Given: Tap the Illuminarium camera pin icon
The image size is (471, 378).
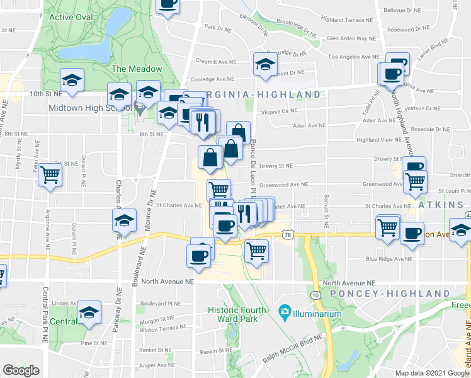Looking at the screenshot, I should [x=285, y=312].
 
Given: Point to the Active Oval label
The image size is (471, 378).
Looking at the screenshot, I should [x=70, y=17].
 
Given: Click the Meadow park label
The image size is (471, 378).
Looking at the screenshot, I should [x=136, y=69].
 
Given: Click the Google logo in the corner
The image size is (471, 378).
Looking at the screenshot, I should [x=21, y=370].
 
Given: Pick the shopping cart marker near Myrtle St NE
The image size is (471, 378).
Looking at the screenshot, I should [x=50, y=175].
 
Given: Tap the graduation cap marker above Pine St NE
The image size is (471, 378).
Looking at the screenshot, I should [x=89, y=313].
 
